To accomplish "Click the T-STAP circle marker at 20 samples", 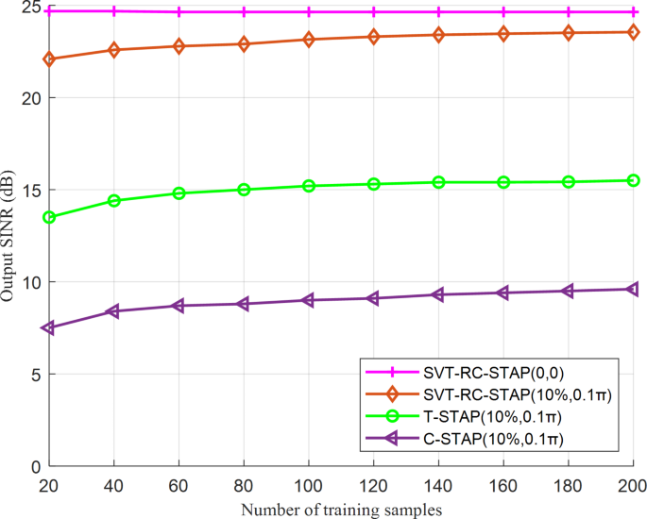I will (x=49, y=217).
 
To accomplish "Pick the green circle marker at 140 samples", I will (x=438, y=182).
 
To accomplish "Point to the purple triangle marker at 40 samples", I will (x=114, y=311).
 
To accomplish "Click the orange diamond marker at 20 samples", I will (x=49, y=59).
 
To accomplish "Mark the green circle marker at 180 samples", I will (x=569, y=181).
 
